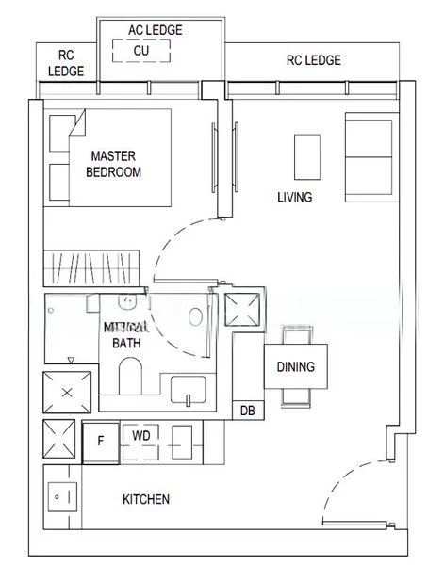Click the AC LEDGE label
click(155, 30)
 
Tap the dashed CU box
click(140, 51)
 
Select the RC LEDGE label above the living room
click(313, 61)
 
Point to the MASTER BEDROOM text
click(114, 164)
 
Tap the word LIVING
click(294, 198)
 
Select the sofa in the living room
click(370, 151)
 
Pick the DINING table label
click(295, 367)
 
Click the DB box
click(247, 411)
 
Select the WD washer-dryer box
click(140, 437)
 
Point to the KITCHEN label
click(146, 499)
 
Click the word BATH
click(125, 344)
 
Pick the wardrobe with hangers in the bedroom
click(92, 261)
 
